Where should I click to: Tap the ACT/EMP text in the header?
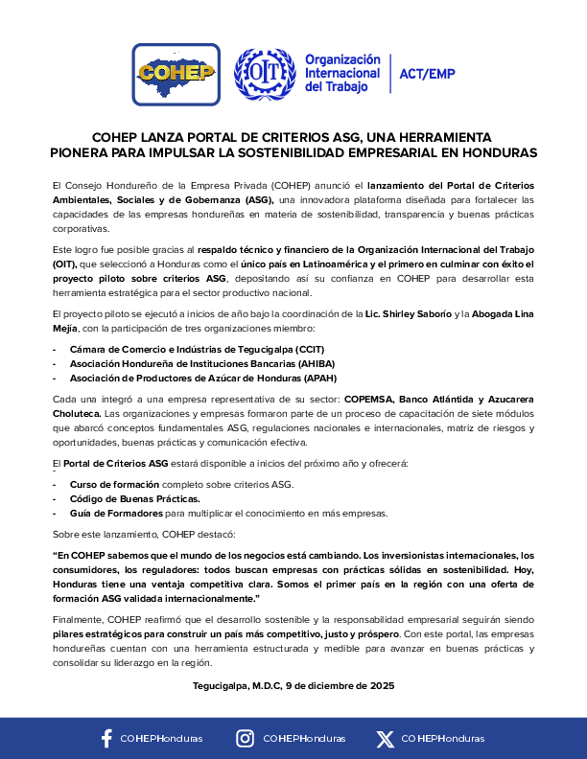[x=427, y=74]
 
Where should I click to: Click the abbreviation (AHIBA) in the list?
[x=322, y=363]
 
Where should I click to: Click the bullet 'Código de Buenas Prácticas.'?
[x=135, y=498]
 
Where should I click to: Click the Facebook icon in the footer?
[x=107, y=738]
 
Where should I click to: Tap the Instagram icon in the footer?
[x=246, y=738]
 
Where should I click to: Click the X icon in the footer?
[x=386, y=738]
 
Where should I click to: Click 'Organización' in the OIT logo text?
[x=342, y=59]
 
